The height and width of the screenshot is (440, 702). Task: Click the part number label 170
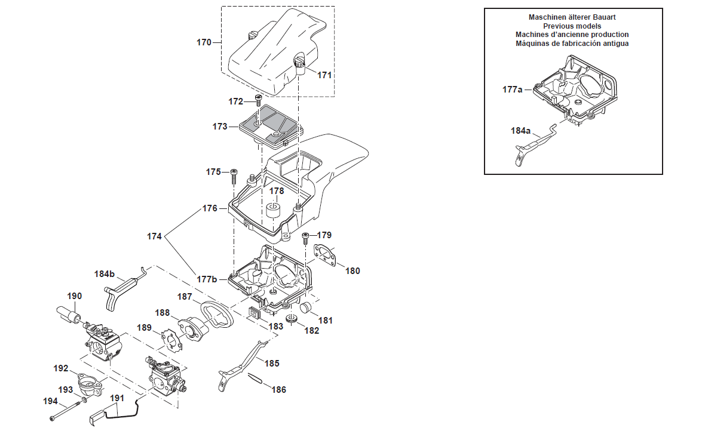[x=204, y=42]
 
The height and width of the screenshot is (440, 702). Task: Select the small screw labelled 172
[x=259, y=100]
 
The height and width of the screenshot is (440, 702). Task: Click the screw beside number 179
[x=306, y=238]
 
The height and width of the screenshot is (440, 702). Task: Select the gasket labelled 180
[x=325, y=255]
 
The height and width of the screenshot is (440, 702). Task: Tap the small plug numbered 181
[x=306, y=307]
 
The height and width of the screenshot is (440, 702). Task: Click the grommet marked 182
[x=292, y=319]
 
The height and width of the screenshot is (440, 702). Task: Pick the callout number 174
[x=154, y=236]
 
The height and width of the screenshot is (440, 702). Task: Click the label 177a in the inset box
[x=513, y=90]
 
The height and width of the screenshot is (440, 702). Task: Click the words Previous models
[x=572, y=26]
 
